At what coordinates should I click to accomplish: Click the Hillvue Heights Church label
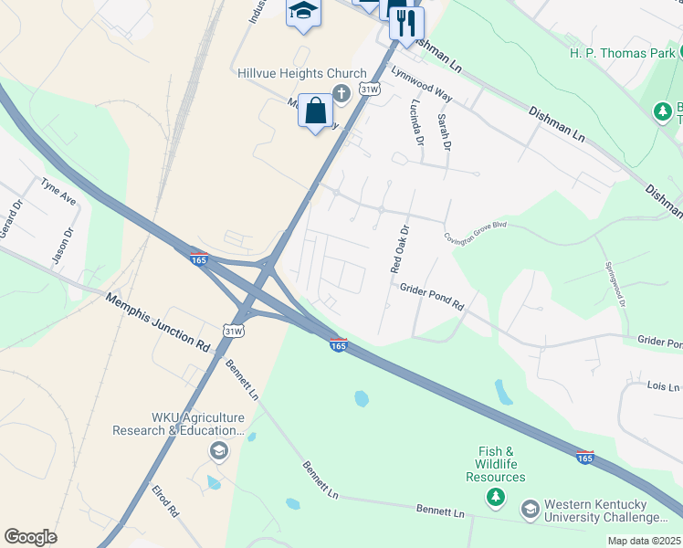point(301,73)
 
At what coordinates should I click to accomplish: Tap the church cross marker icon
point(341,92)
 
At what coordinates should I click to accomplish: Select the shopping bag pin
point(315,111)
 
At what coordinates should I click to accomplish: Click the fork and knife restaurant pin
point(406,23)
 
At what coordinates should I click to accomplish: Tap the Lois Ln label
point(663,387)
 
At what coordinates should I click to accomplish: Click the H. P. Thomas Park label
point(622,54)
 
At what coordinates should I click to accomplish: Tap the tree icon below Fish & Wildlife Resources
point(495,497)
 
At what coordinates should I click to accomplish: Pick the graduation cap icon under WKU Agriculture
point(218,450)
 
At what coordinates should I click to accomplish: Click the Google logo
point(30,537)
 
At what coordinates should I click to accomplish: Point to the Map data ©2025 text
point(644,541)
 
